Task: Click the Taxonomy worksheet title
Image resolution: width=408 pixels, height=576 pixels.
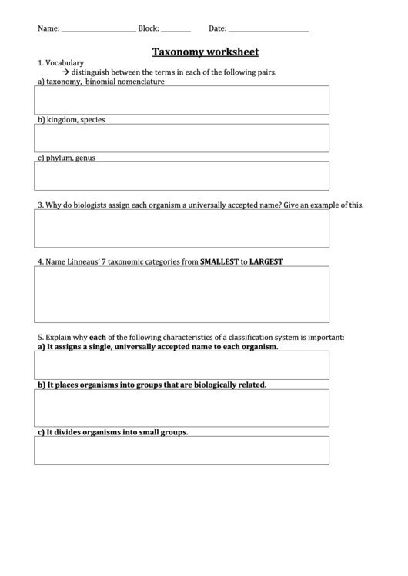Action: pyautogui.click(x=204, y=52)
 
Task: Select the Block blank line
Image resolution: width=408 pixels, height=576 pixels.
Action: pyautogui.click(x=176, y=30)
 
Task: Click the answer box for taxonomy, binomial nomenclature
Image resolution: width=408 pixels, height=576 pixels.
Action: pyautogui.click(x=181, y=100)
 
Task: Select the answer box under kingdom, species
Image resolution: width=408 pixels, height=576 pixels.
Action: pyautogui.click(x=181, y=138)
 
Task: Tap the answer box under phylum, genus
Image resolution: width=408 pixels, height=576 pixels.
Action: pyautogui.click(x=181, y=175)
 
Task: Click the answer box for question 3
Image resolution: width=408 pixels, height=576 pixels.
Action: pyautogui.click(x=181, y=228)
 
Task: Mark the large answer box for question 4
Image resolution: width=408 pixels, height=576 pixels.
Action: pyautogui.click(x=181, y=295)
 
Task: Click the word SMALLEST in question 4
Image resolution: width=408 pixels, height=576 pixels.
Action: pyautogui.click(x=219, y=261)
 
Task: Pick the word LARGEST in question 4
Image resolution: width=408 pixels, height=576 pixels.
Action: pyautogui.click(x=266, y=261)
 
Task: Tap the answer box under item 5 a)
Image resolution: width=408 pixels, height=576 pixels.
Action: pyautogui.click(x=181, y=365)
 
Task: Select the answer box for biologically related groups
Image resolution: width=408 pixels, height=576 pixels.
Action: pyautogui.click(x=181, y=408)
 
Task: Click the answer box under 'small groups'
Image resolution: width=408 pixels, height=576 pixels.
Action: pyautogui.click(x=181, y=451)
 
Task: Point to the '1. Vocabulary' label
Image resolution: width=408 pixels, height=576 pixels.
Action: pyautogui.click(x=61, y=62)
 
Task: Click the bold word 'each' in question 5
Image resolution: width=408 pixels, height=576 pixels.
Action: pyautogui.click(x=97, y=337)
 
